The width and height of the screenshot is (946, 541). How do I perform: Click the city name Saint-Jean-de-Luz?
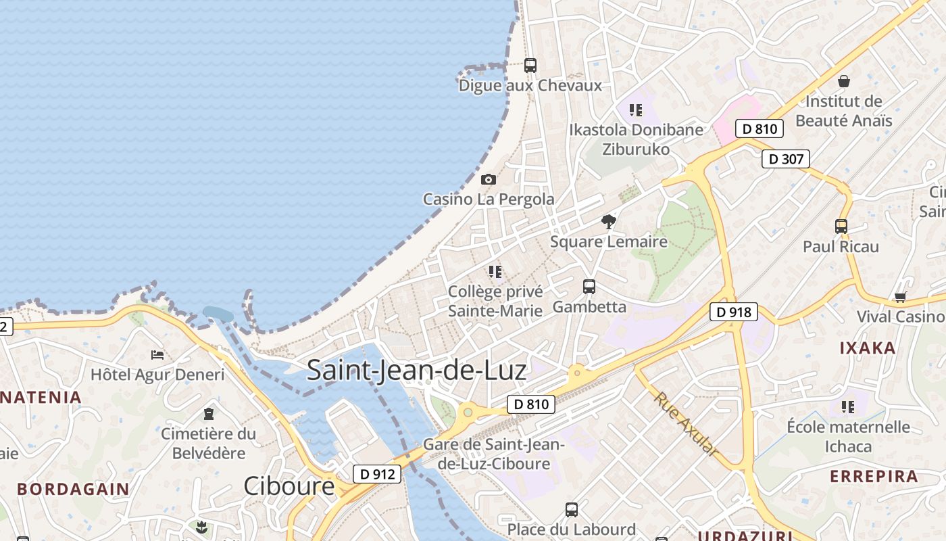pyautogui.click(x=416, y=371)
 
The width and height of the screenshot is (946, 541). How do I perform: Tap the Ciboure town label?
pyautogui.click(x=289, y=486)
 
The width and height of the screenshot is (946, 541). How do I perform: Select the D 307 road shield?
pyautogui.click(x=786, y=159)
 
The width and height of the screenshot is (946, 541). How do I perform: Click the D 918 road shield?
pyautogui.click(x=733, y=312)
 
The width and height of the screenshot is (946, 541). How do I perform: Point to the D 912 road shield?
pyautogui.click(x=377, y=474)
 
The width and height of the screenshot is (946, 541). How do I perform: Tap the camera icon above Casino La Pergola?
pyautogui.click(x=488, y=179)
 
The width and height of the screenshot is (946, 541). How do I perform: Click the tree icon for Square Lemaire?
pyautogui.click(x=609, y=221)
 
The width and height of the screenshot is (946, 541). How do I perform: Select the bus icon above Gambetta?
pyautogui.click(x=589, y=287)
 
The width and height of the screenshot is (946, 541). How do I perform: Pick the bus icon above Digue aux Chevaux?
pyautogui.click(x=530, y=66)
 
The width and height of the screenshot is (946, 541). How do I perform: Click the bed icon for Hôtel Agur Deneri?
pyautogui.click(x=157, y=354)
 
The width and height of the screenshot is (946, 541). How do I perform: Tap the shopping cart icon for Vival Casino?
pyautogui.click(x=900, y=297)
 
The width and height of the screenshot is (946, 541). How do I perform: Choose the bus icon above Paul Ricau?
pyautogui.click(x=841, y=227)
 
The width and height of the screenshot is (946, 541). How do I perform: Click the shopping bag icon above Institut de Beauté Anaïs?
pyautogui.click(x=843, y=82)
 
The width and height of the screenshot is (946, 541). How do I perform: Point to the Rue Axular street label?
pyautogui.click(x=686, y=425)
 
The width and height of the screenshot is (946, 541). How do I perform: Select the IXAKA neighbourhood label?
pyautogui.click(x=867, y=348)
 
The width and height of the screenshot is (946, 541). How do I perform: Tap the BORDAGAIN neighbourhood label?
pyautogui.click(x=73, y=489)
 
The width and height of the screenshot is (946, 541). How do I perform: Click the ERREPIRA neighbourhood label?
pyautogui.click(x=874, y=476)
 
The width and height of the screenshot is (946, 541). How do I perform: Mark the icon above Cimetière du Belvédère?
pyautogui.click(x=209, y=414)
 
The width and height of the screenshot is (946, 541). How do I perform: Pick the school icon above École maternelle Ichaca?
pyautogui.click(x=848, y=407)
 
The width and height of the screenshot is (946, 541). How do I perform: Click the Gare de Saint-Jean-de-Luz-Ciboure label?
pyautogui.click(x=494, y=454)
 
